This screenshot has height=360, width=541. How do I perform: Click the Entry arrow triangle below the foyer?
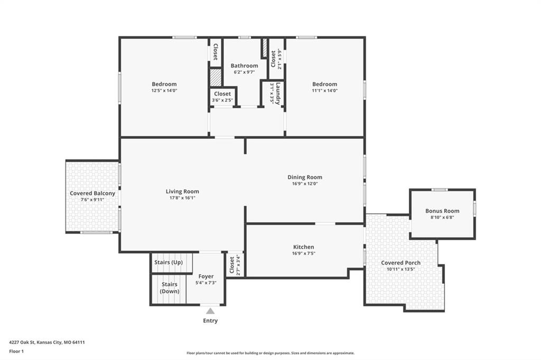[x=210, y=311]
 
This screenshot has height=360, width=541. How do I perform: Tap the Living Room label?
[x=182, y=192]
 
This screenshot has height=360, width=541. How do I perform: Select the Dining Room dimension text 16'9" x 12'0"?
[x=305, y=184]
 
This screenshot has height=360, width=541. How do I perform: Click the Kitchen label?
[x=304, y=247]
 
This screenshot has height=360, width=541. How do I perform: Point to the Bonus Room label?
[x=442, y=211]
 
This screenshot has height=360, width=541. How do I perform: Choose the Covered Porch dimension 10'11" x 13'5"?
[x=400, y=269]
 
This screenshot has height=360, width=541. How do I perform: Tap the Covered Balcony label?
[x=92, y=193]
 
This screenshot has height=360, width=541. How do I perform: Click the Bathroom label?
[x=244, y=65]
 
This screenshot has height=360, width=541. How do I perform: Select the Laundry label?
[x=278, y=93]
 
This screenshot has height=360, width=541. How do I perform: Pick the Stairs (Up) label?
[x=169, y=262]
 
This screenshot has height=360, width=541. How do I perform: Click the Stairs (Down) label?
[x=170, y=288]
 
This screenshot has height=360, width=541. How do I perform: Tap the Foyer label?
[x=206, y=276]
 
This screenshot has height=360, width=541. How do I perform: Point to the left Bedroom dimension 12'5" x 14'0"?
[x=164, y=90]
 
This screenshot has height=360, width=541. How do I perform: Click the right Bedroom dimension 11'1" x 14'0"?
[x=325, y=90]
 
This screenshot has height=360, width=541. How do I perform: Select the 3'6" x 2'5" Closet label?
[x=222, y=97]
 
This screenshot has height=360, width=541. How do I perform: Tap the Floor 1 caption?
[x=16, y=352]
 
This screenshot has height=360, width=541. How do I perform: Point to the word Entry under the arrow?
[x=210, y=321]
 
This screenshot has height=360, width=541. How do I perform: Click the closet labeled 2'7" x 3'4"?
[x=235, y=264]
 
